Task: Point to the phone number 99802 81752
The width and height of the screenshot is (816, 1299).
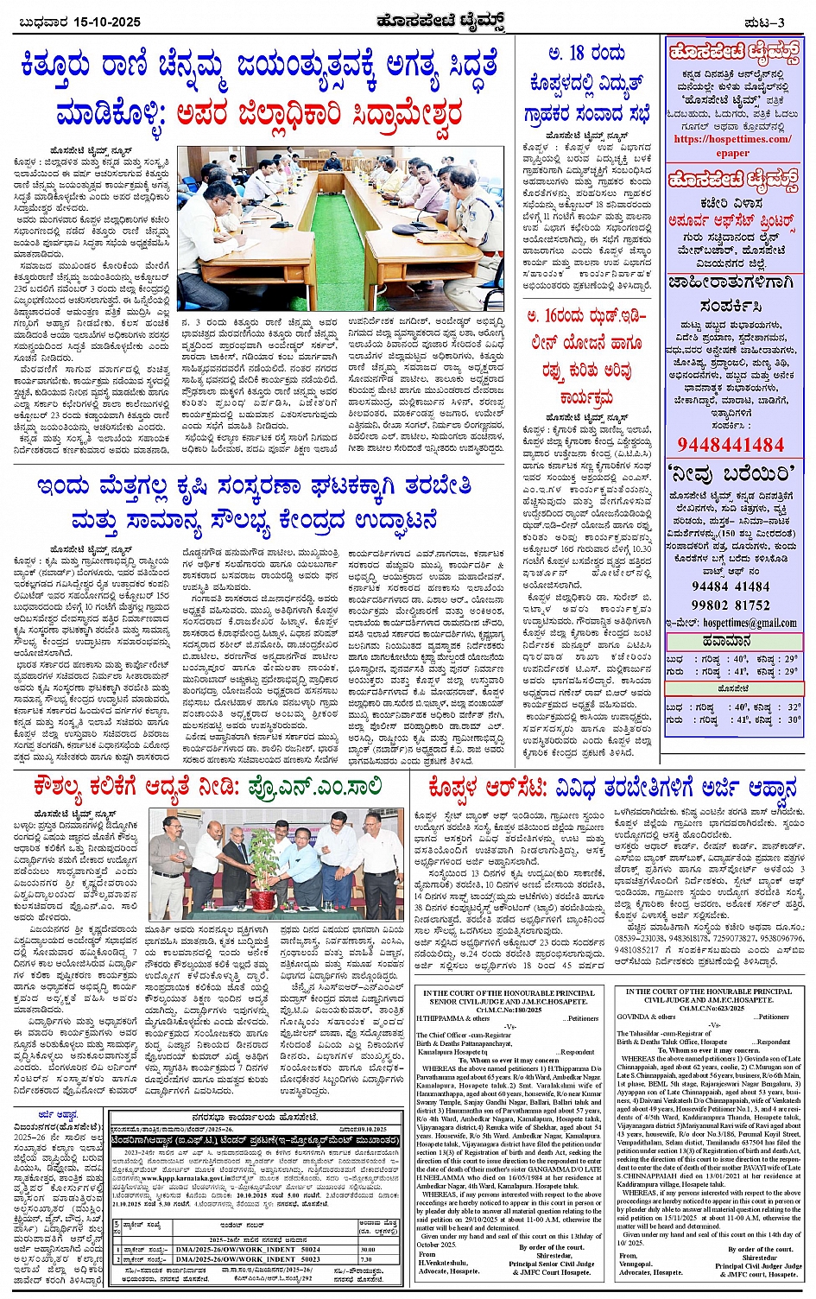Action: coord(731,605)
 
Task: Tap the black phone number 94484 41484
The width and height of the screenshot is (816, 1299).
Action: coord(731,586)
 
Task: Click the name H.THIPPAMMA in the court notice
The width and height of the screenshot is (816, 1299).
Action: coord(441,1018)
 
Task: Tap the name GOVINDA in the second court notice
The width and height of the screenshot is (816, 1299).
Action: coord(634,1017)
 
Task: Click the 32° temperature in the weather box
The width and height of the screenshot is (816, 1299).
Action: coord(793,707)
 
